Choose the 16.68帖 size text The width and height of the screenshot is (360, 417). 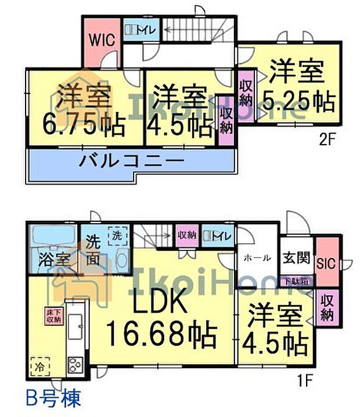pyautogui.click(x=161, y=335)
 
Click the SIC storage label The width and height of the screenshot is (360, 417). pyautogui.click(x=325, y=262)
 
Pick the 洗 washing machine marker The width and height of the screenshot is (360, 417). pyautogui.click(x=117, y=236)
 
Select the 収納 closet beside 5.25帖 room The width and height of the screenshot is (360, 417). pyautogui.click(x=246, y=92)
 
